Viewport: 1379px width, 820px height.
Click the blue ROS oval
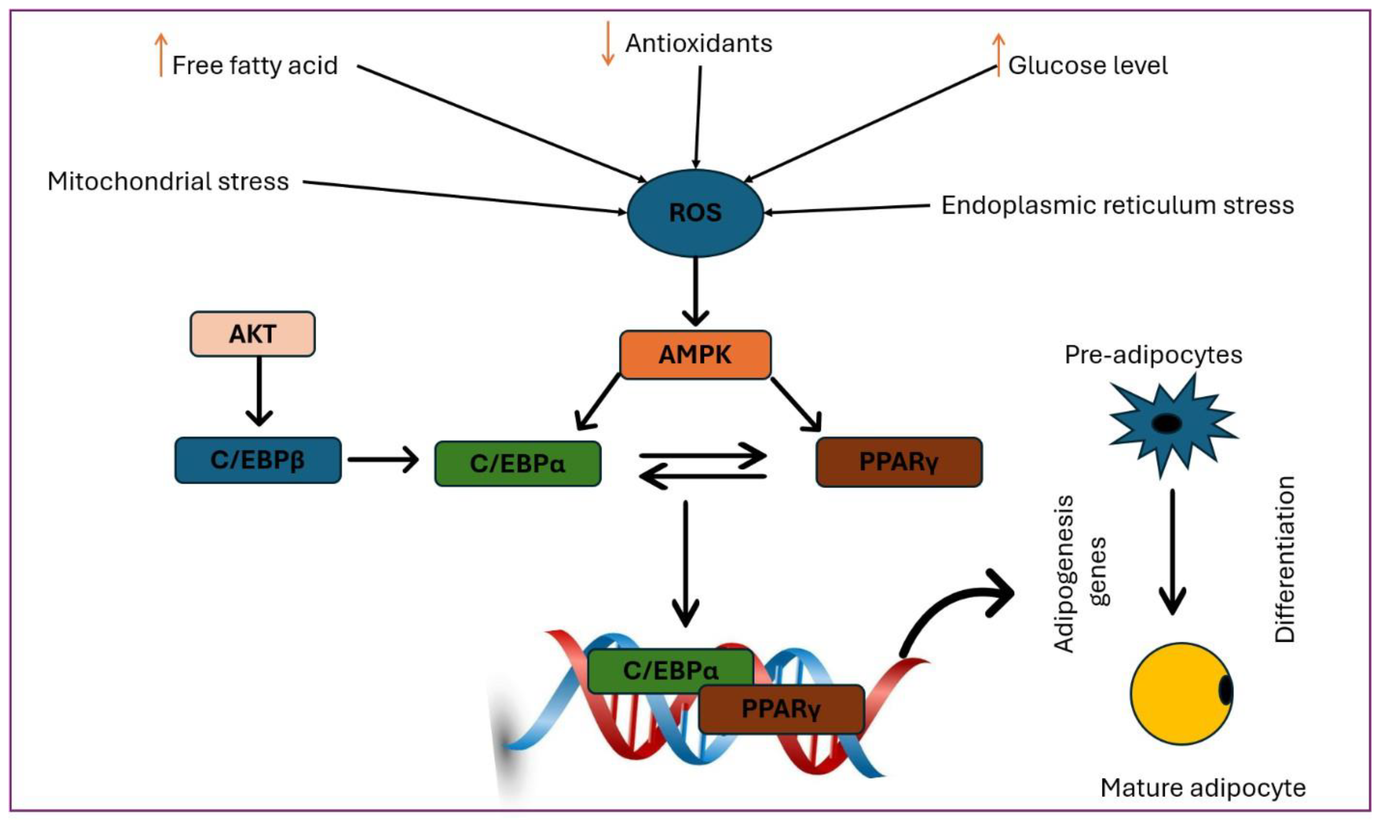coord(695,213)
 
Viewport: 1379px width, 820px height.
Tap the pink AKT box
coord(253,334)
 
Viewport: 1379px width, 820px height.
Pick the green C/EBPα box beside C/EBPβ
coord(518,463)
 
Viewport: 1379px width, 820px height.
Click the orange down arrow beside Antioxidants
coord(608,43)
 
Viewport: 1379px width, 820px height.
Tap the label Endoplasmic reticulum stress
coord(1117,205)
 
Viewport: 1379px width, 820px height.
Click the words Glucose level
coord(1087,65)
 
